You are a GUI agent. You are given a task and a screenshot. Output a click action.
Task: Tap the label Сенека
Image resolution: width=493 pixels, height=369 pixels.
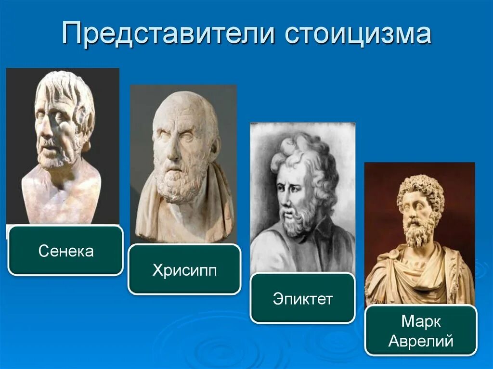66,251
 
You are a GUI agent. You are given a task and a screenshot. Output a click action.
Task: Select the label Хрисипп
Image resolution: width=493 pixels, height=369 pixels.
184,270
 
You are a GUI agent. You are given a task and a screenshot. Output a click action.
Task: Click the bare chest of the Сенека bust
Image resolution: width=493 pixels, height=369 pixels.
63,197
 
